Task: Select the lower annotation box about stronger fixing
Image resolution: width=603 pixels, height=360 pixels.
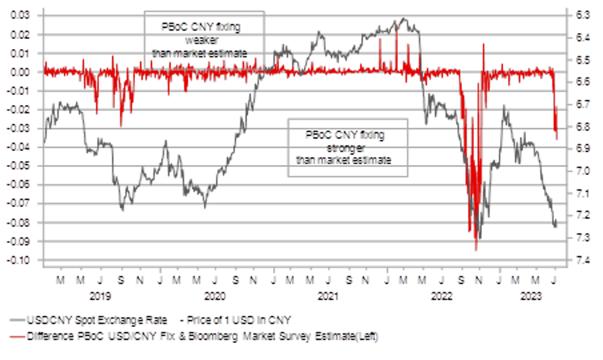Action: [348, 148]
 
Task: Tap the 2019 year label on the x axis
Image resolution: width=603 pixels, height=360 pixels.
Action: [100, 293]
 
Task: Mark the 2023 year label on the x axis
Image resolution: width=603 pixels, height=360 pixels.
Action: [528, 293]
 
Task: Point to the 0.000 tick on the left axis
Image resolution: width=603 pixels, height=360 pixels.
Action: [21, 72]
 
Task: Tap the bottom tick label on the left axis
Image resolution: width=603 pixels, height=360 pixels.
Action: [21, 260]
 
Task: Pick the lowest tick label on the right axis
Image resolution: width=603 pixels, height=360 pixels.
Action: [584, 260]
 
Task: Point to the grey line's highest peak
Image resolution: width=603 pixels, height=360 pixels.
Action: [403, 19]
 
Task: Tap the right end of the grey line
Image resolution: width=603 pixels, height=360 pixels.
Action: [556, 228]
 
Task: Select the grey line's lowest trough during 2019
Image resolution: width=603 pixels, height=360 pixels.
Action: [122, 210]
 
